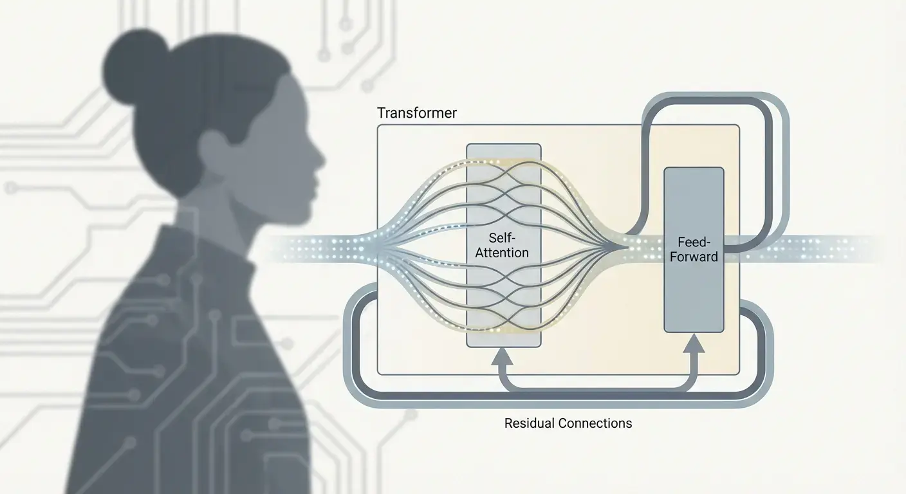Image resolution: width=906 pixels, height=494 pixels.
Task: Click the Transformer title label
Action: pyautogui.click(x=417, y=113)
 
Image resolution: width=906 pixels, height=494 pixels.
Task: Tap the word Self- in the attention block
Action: pyautogui.click(x=503, y=239)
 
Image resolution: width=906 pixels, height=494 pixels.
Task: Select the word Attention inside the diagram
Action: pyautogui.click(x=503, y=253)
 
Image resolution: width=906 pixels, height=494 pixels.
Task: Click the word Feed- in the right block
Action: pyautogui.click(x=694, y=243)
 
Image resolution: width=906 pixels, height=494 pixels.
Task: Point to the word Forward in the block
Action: pyautogui.click(x=694, y=257)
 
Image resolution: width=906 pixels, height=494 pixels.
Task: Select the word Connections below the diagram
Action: pyautogui.click(x=593, y=423)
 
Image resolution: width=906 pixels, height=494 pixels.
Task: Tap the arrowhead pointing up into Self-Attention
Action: pyautogui.click(x=503, y=356)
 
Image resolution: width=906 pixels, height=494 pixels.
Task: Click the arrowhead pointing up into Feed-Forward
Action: pyautogui.click(x=694, y=345)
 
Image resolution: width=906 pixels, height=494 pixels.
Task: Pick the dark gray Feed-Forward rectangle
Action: pyautogui.click(x=694, y=296)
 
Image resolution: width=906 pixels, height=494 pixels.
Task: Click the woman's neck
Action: pyautogui.click(x=232, y=206)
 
